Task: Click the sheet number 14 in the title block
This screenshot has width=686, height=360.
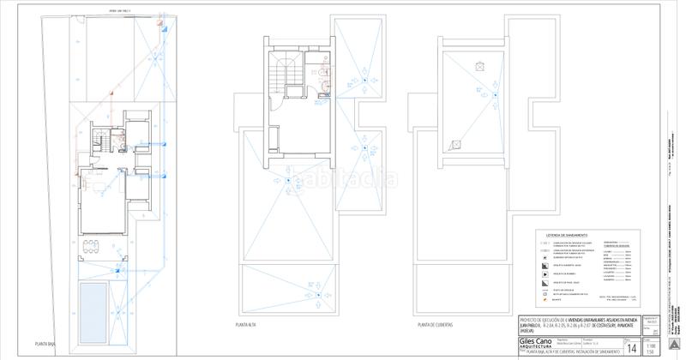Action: tap(631, 347)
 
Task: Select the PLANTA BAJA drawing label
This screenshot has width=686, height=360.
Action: tap(48, 343)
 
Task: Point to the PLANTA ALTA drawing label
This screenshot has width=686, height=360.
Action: tap(247, 326)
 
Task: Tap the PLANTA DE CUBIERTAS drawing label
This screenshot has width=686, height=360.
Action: tap(436, 326)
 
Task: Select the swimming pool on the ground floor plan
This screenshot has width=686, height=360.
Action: tap(93, 309)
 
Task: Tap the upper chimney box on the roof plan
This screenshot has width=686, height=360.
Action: tap(480, 64)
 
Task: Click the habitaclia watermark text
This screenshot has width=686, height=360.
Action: tap(352, 180)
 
